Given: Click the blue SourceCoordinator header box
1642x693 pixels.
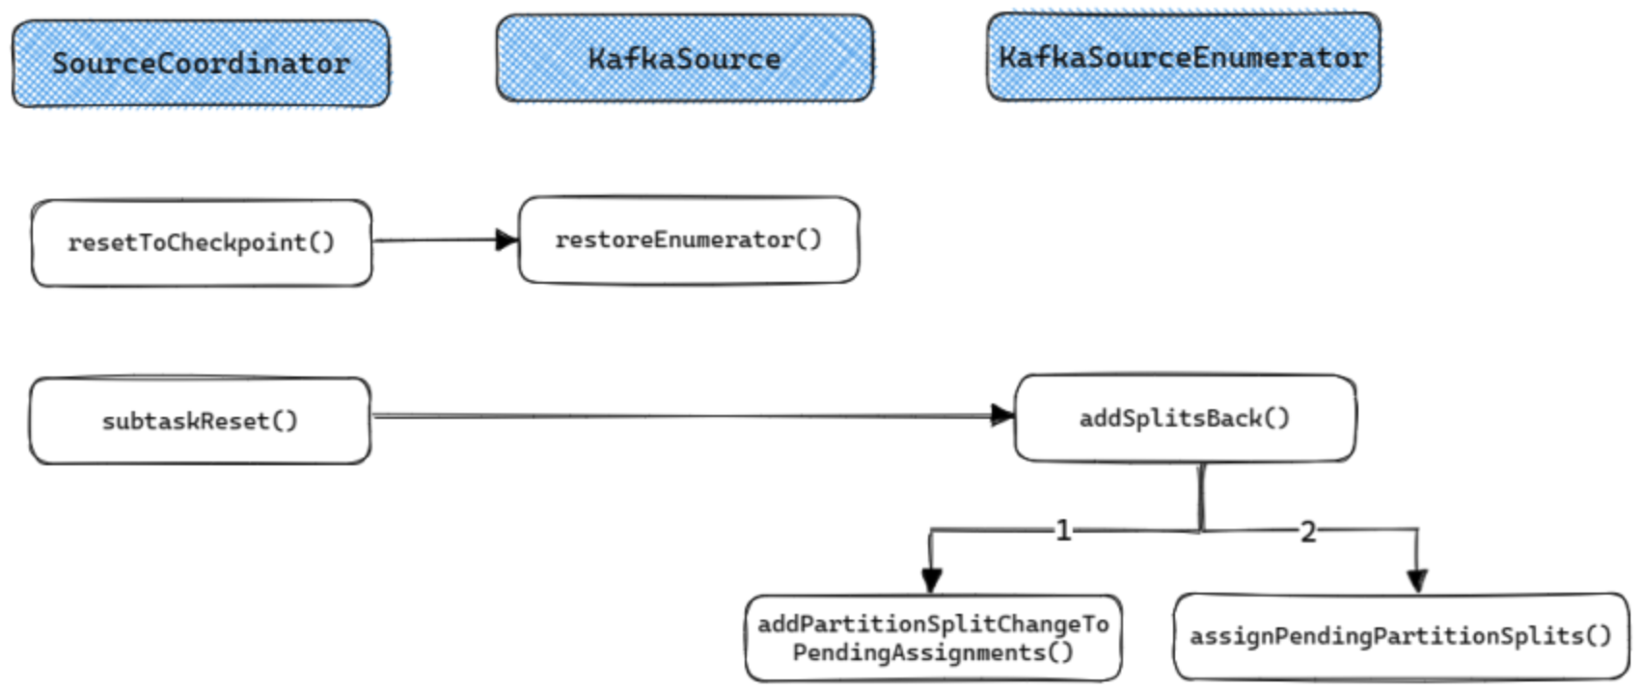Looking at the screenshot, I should [201, 64].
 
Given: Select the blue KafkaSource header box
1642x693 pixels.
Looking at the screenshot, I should [684, 59].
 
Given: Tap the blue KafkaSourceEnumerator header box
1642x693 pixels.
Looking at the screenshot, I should [1183, 57].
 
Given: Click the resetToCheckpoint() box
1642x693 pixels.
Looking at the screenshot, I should [201, 242].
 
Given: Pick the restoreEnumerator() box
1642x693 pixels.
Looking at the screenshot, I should [688, 239].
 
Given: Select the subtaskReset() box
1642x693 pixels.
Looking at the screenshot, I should [200, 421].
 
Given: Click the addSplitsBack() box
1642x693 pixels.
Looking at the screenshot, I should [1184, 418].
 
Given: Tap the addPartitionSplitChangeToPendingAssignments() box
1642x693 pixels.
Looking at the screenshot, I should [932, 638].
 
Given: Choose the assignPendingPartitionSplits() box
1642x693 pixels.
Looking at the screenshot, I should [1400, 636].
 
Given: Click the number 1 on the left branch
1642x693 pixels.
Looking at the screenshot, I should [1062, 531].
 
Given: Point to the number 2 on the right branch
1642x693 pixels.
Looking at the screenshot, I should [1307, 532].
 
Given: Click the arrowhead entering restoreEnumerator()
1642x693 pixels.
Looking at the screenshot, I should [506, 239].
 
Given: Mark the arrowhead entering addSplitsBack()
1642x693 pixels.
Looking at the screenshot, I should [1002, 415].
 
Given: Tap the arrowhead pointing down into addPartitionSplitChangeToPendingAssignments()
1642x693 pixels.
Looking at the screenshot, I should [931, 580].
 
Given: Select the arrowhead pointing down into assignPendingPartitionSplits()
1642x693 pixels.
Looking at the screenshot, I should [1416, 580].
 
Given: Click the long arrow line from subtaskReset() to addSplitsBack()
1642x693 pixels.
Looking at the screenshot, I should [675, 416].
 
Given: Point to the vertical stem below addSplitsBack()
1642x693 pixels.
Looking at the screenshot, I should [1201, 497].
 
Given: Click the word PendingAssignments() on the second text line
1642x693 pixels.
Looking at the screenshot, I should [932, 653].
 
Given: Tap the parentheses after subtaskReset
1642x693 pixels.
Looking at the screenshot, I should [285, 421].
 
